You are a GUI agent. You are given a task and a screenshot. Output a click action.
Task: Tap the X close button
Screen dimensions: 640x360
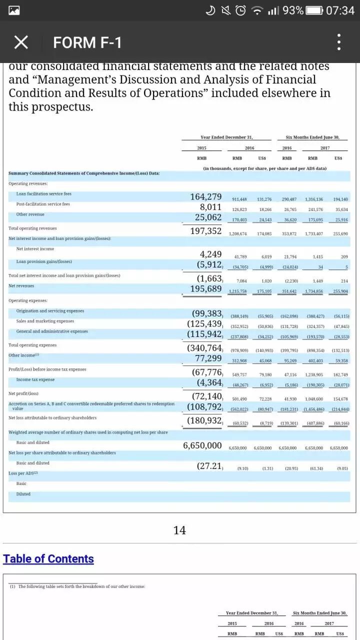[x=20, y=42]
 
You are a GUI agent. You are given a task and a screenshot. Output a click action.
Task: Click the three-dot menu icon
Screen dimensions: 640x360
[x=339, y=42]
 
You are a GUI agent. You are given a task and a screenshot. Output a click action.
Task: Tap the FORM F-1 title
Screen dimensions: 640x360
[x=87, y=42]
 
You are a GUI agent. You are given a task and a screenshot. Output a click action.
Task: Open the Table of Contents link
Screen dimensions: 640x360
[x=48, y=558]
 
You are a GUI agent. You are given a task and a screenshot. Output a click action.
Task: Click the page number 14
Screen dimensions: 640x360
[x=179, y=530]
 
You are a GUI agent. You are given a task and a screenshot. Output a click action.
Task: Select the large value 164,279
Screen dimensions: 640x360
[x=206, y=197]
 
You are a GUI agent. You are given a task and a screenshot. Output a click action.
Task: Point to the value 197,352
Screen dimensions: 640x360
[x=206, y=230]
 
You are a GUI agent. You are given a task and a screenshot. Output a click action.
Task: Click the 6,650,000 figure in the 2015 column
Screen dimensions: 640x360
[x=202, y=445]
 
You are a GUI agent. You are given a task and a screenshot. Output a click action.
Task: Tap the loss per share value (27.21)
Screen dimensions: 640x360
[x=209, y=466]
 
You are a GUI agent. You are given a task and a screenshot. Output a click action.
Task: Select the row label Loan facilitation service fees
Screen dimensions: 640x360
[x=44, y=194]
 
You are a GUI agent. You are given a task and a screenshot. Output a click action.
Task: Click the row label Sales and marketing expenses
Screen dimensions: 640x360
[x=45, y=321]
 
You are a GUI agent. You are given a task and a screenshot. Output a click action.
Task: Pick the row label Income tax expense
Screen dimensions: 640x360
[x=35, y=379]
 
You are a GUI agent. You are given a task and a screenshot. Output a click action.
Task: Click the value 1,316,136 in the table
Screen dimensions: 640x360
[x=313, y=199]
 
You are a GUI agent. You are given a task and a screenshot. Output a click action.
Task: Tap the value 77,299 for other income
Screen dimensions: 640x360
[x=208, y=358]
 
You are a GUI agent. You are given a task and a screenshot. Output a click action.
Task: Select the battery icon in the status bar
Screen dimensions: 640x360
[x=314, y=10]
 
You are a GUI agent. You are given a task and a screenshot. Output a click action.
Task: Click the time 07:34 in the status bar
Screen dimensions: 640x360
[x=340, y=10]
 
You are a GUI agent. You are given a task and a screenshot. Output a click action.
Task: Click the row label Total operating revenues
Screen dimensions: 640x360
[x=32, y=228]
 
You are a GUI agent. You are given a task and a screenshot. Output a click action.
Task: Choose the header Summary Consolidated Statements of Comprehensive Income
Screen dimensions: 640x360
[x=84, y=173]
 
